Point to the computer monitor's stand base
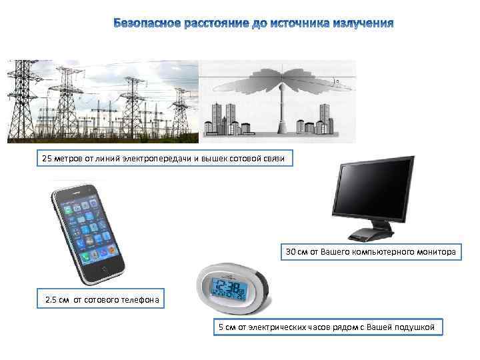pyautogui.click(x=371, y=235)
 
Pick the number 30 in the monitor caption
pyautogui.click(x=291, y=253)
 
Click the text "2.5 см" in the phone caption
pyautogui.click(x=57, y=300)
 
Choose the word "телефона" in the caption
pyautogui.click(x=139, y=300)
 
